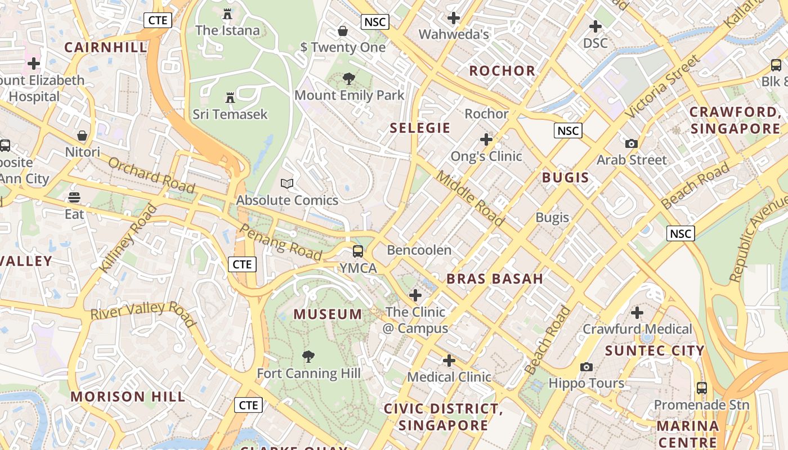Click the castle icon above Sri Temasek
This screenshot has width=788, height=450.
click(x=230, y=98)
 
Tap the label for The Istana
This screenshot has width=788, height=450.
click(x=227, y=30)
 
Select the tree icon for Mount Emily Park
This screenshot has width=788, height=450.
click(x=349, y=79)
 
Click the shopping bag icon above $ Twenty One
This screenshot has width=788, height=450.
click(x=342, y=30)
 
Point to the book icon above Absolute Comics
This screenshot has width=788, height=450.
click(x=287, y=183)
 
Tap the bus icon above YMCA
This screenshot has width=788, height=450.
click(x=358, y=251)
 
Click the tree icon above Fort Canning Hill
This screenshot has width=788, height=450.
click(x=308, y=356)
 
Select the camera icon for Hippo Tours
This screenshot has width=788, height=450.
click(x=586, y=367)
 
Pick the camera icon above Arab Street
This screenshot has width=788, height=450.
click(x=632, y=143)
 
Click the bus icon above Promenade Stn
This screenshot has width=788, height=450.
click(x=701, y=388)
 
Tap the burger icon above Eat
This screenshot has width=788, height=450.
click(x=74, y=197)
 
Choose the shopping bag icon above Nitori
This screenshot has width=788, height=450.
click(x=82, y=136)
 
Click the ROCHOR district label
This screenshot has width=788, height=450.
click(x=502, y=71)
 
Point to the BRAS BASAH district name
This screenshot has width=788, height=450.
click(x=495, y=279)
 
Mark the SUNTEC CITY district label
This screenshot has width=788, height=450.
click(x=655, y=351)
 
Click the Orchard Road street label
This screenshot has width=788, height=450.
click(x=151, y=175)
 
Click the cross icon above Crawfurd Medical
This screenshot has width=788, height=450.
click(x=637, y=312)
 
